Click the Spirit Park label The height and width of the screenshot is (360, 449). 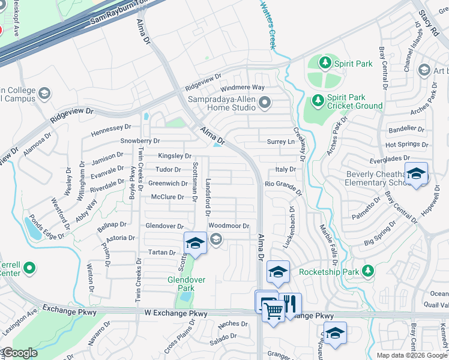354,64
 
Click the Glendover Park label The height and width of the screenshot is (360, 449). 187,284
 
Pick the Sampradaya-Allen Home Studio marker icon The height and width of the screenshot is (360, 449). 265,104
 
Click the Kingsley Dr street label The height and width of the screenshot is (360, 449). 174,156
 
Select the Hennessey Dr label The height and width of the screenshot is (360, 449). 110,128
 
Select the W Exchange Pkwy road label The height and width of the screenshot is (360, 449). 176,313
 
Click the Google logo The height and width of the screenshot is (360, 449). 20,353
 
